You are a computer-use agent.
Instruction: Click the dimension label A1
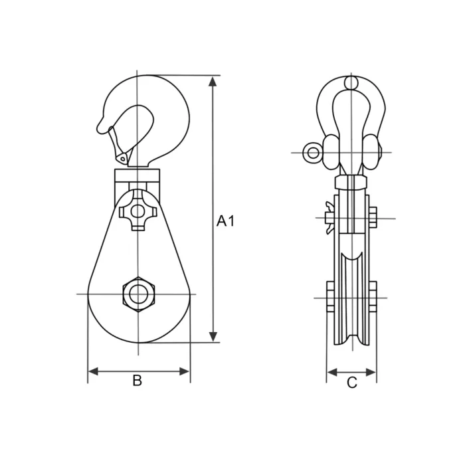pyautogui.click(x=225, y=221)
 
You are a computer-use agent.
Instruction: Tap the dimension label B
pyautogui.click(x=137, y=381)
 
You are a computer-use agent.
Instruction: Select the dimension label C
pyautogui.click(x=351, y=383)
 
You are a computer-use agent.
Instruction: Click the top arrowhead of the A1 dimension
pyautogui.click(x=213, y=81)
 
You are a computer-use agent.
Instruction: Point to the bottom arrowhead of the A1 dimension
pyautogui.click(x=213, y=337)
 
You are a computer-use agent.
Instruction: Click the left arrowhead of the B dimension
pyautogui.click(x=94, y=371)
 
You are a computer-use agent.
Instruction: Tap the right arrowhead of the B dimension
pyautogui.click(x=184, y=371)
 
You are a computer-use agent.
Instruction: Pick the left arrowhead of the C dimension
pyautogui.click(x=332, y=372)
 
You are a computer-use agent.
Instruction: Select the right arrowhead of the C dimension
pyautogui.click(x=371, y=372)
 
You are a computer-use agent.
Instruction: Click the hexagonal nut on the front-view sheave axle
pyautogui.click(x=138, y=294)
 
